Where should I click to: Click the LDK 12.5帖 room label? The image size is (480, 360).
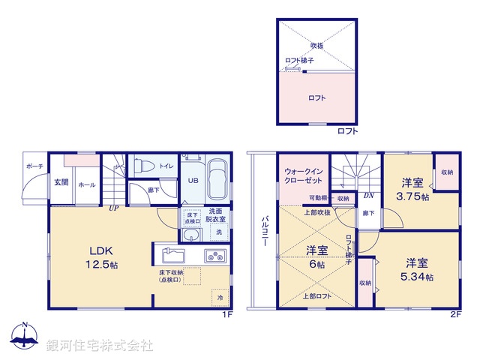coord(102,256)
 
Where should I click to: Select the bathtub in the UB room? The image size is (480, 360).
coord(218,179)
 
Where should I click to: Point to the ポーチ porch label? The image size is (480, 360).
coord(34,166)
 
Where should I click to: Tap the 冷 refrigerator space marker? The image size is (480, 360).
coord(220,297)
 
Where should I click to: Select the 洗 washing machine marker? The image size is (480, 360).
coord(218,233)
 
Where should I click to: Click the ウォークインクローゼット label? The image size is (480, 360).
coord(304,175)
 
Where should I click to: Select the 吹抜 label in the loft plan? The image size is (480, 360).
coord(316,45)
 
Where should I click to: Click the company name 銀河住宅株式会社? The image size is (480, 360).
coord(100,346)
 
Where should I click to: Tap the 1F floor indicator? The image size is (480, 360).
coord(226,314)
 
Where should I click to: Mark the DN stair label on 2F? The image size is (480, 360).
coord(369,196)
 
